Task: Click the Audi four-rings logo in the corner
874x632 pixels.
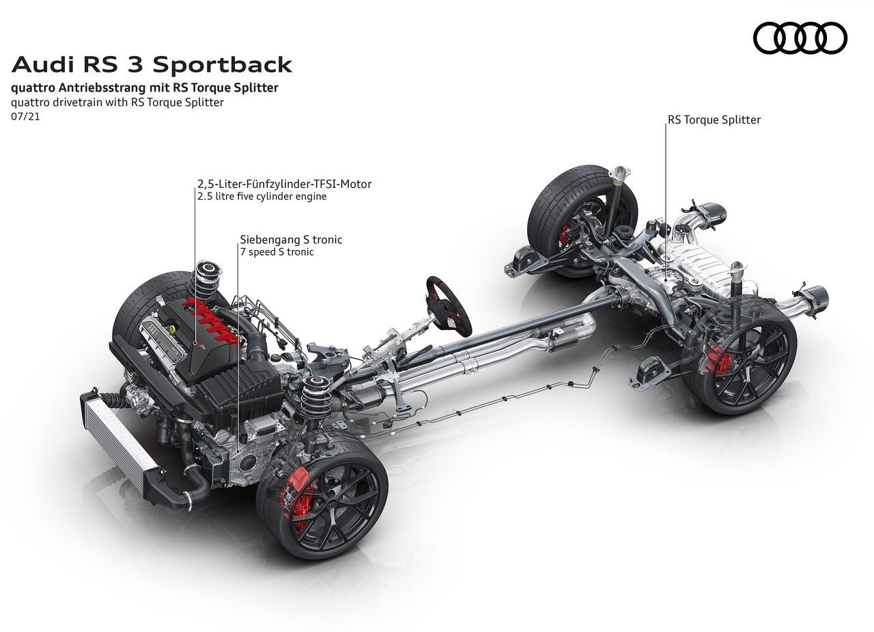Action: pos(800,38)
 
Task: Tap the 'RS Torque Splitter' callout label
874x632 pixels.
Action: pos(714,120)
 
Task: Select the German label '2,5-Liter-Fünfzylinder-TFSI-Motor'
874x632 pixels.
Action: pos(285,184)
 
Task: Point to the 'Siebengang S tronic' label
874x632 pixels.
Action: pos(291,239)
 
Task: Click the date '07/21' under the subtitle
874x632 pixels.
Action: pos(26,116)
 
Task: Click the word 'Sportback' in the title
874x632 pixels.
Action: pos(222,65)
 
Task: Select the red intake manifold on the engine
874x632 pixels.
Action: pos(211,320)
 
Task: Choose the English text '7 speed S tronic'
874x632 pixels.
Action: pos(277,252)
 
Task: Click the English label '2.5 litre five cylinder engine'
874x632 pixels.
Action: pos(262,196)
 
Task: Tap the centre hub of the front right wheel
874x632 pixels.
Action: pos(333,504)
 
